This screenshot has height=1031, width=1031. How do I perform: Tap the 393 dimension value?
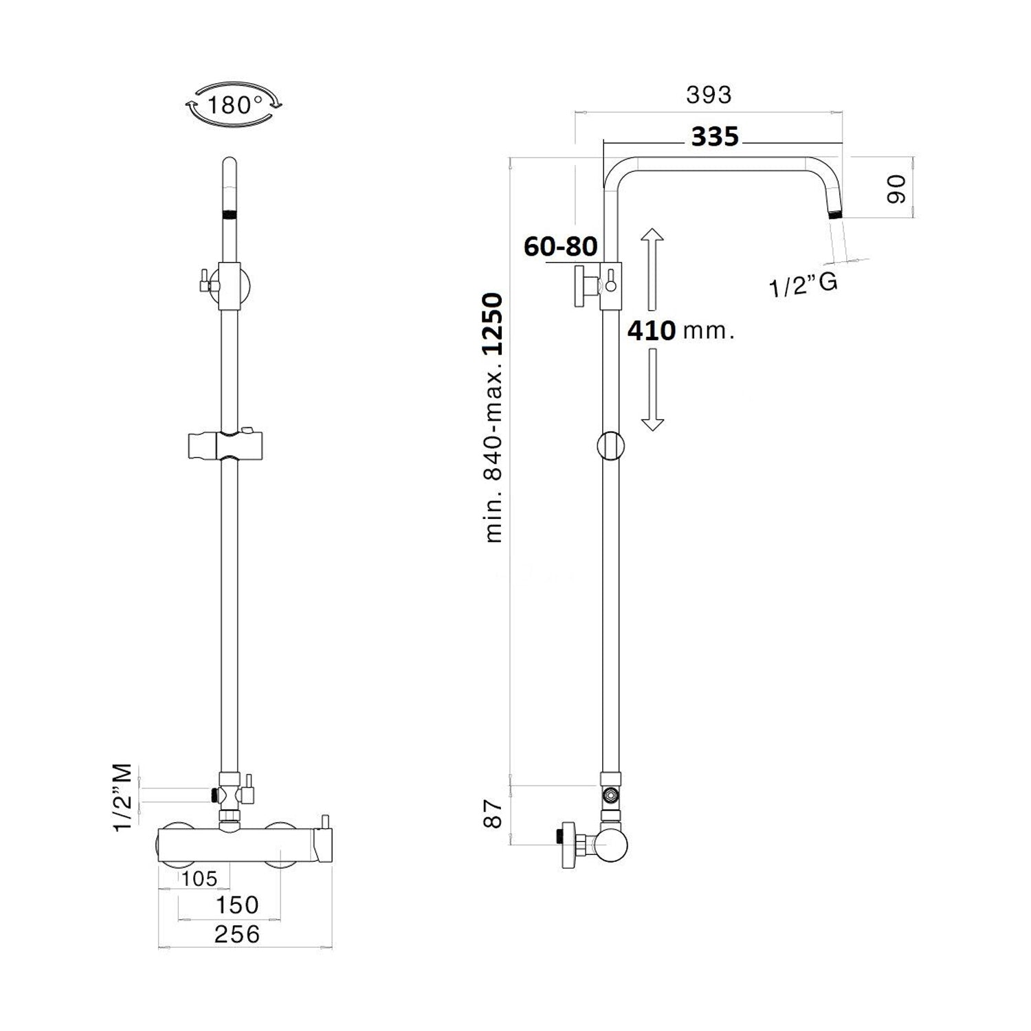(709, 95)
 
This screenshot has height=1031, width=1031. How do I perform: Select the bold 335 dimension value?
(715, 137)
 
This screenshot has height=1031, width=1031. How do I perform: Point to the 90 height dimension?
(896, 188)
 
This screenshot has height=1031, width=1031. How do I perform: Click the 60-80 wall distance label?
(561, 245)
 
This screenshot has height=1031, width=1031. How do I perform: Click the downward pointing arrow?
(652, 390)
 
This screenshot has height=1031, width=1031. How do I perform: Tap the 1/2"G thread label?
(803, 285)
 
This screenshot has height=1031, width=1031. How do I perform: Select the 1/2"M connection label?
(124, 797)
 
